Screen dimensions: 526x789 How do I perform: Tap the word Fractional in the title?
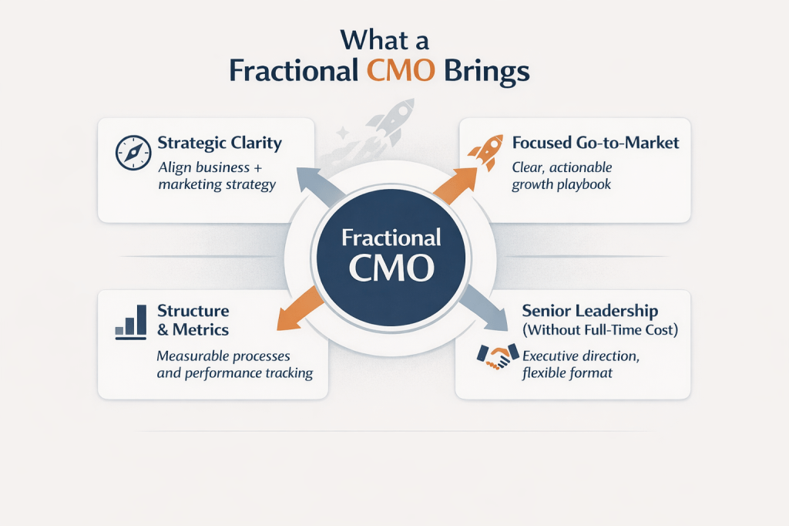click(x=293, y=71)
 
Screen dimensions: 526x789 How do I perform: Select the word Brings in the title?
click(x=488, y=71)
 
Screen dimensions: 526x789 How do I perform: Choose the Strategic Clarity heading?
click(x=220, y=143)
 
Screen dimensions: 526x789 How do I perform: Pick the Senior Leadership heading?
click(x=589, y=311)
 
